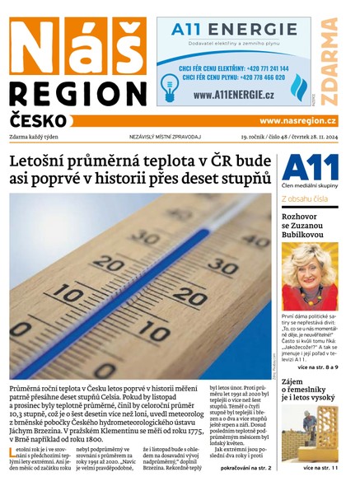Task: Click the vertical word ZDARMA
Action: point(330,61)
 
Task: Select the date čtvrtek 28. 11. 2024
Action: point(311,135)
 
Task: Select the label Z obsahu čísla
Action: point(306,199)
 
